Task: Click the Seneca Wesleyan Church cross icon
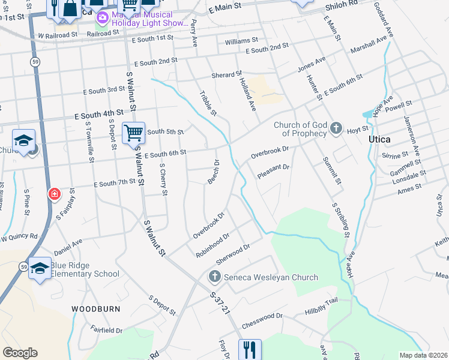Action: (x=214, y=277)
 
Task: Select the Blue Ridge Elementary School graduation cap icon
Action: (x=40, y=268)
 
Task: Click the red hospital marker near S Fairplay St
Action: (x=54, y=194)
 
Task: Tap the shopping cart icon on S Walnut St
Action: (x=133, y=132)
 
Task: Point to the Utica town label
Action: (x=379, y=139)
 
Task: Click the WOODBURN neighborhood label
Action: (x=96, y=308)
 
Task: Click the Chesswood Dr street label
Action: (x=262, y=320)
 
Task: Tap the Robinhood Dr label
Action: (x=212, y=245)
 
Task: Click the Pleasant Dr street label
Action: (x=273, y=171)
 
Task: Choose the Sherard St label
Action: (x=226, y=76)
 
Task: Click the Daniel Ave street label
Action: (x=68, y=246)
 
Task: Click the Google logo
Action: (x=20, y=353)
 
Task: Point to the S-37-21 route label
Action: (x=220, y=303)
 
